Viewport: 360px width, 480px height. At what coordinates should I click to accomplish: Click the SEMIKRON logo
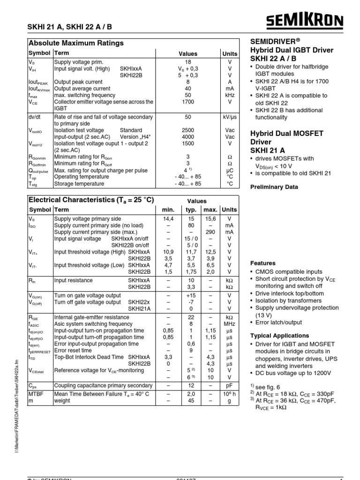(x=305, y=21)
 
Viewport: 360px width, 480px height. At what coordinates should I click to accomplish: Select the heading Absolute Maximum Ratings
(x=76, y=43)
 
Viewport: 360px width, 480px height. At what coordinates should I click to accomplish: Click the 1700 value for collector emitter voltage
(x=188, y=101)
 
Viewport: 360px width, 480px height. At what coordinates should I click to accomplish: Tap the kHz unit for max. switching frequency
(x=229, y=95)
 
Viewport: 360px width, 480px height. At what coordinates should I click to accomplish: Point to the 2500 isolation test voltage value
(x=188, y=130)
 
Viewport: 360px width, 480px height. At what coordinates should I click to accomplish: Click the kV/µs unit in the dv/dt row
(x=229, y=117)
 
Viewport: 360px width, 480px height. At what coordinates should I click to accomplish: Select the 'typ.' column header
(x=191, y=210)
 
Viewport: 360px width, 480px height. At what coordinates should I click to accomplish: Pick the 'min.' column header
(x=168, y=210)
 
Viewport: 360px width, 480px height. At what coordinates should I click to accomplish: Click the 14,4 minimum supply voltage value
(x=168, y=218)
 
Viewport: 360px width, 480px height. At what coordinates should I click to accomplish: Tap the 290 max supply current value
(x=210, y=232)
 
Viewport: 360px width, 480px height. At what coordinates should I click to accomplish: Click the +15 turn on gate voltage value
(x=191, y=296)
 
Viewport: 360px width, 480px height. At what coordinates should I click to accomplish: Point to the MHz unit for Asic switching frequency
(x=229, y=324)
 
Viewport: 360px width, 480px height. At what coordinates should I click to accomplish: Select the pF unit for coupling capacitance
(x=229, y=385)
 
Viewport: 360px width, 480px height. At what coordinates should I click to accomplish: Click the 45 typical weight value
(x=191, y=401)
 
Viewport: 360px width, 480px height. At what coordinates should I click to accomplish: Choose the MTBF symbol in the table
(x=36, y=394)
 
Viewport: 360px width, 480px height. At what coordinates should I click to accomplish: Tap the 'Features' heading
(x=263, y=263)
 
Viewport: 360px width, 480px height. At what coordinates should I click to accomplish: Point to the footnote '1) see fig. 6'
(x=267, y=385)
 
